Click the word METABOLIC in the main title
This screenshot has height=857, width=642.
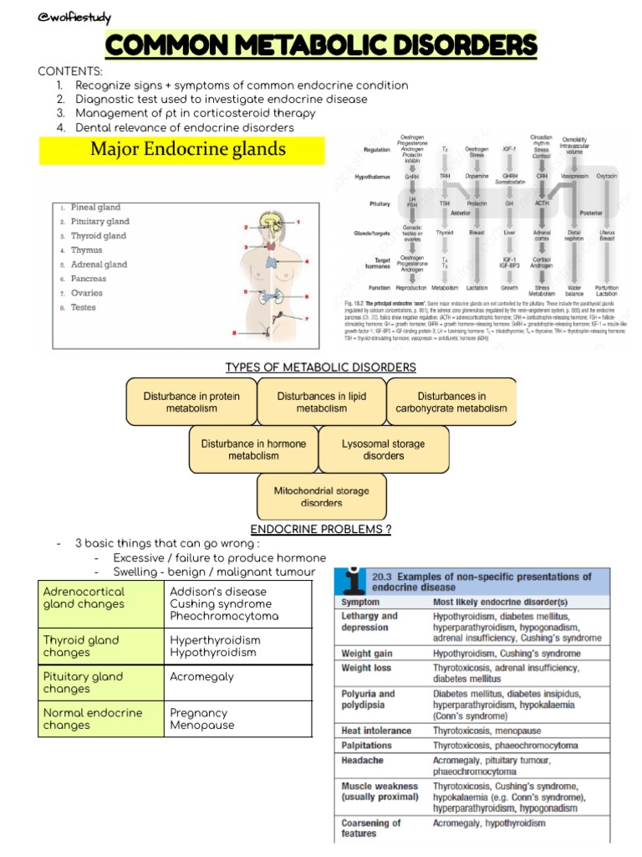pyautogui.click(x=321, y=45)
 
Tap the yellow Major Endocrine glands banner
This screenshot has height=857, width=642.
pyautogui.click(x=182, y=151)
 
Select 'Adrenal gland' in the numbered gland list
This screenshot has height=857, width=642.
pyautogui.click(x=98, y=264)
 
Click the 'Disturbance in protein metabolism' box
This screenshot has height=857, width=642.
pyautogui.click(x=191, y=402)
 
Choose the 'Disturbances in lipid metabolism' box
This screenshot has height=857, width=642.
pyautogui.click(x=321, y=402)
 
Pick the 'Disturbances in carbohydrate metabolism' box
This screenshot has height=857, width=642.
pyautogui.click(x=451, y=402)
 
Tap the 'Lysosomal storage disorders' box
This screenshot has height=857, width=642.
pyautogui.click(x=383, y=449)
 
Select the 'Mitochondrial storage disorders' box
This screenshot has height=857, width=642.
pyautogui.click(x=322, y=497)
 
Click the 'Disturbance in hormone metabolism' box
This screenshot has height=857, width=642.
pyautogui.click(x=253, y=449)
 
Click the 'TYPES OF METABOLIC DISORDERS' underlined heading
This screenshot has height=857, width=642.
pyautogui.click(x=321, y=367)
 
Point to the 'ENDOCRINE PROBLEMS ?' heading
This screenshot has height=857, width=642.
pyautogui.click(x=321, y=529)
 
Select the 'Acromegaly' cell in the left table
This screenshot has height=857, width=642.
pyautogui.click(x=201, y=676)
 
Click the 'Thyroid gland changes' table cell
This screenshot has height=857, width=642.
pyautogui.click(x=81, y=646)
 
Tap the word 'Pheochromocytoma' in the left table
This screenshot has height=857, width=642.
pyautogui.click(x=224, y=616)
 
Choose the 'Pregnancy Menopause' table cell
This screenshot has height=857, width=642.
pyautogui.click(x=201, y=719)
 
